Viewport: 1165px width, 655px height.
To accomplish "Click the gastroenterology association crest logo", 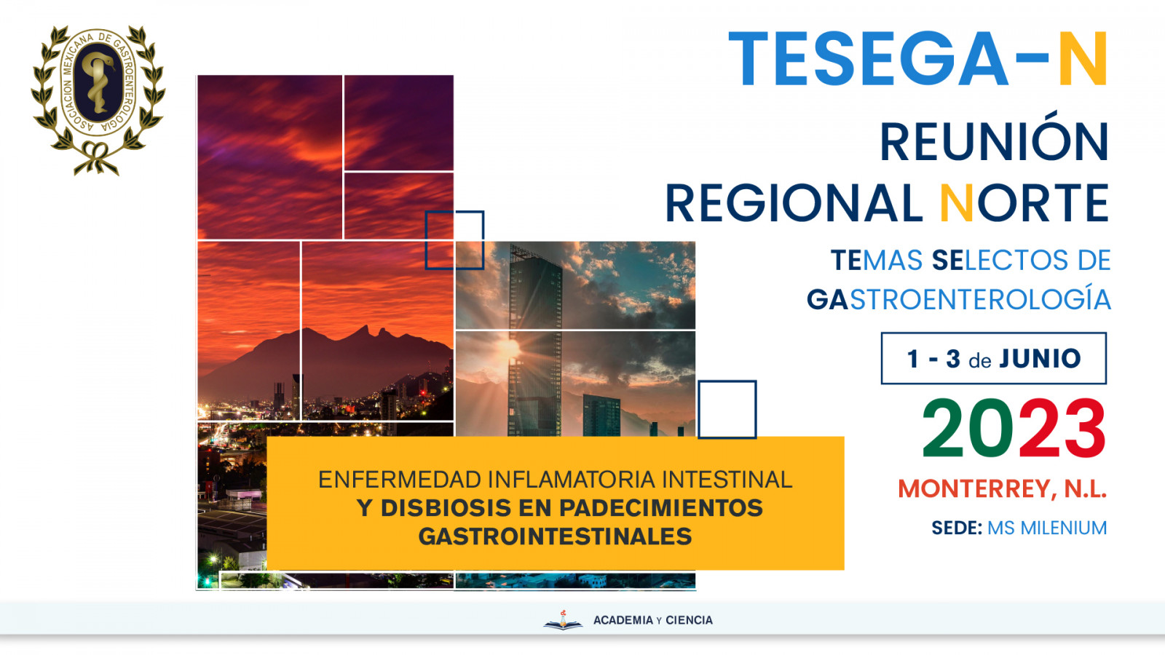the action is [x=98, y=100].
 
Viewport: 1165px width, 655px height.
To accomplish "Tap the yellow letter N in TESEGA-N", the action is [x=1083, y=59].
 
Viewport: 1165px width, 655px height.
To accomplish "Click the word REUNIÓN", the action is [x=995, y=142].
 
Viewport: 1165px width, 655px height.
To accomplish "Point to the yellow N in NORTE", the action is [x=957, y=203].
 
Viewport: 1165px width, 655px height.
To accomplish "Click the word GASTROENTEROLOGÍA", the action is [x=958, y=300].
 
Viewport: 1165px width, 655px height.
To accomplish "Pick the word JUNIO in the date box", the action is [x=1040, y=359].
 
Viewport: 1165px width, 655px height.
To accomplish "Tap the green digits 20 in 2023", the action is [x=968, y=428].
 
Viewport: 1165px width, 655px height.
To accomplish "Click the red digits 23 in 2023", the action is [x=1062, y=428].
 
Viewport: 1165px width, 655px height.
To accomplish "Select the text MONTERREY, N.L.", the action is [x=1002, y=488].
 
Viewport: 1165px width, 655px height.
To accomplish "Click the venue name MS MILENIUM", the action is [x=1047, y=528].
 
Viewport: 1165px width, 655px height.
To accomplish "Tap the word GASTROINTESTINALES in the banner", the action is [x=555, y=536].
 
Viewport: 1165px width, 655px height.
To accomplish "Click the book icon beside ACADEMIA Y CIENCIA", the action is [x=564, y=620].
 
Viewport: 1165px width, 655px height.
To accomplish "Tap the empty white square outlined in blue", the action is [x=727, y=410].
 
